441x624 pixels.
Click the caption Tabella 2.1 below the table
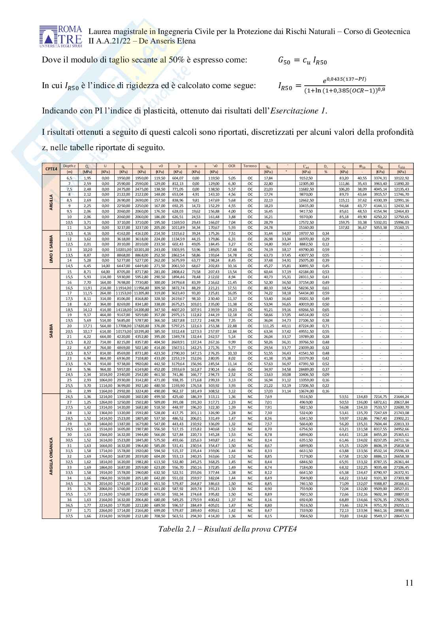(227, 529)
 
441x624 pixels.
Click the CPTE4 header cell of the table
(51, 169)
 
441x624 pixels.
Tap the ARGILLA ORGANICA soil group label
(51, 456)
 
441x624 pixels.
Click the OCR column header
(232, 166)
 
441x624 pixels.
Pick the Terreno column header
(250, 166)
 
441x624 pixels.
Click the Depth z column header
(69, 166)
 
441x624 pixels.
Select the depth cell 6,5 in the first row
(69, 178)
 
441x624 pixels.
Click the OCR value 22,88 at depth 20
(232, 326)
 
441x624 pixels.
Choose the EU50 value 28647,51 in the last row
(401, 516)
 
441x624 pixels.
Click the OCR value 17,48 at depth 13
(232, 250)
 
